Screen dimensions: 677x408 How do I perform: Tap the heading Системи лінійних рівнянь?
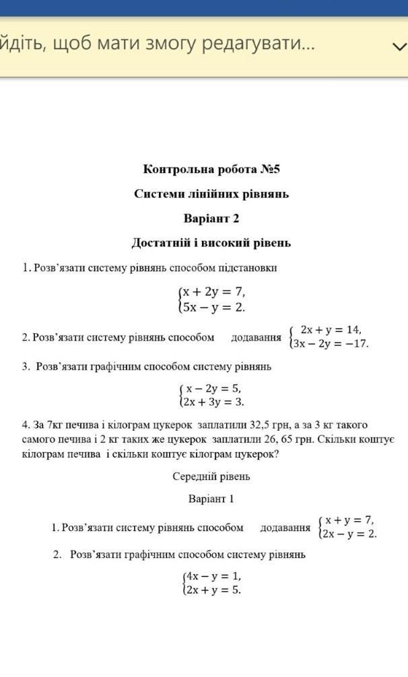tap(211, 194)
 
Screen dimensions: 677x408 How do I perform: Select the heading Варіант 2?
tap(211, 219)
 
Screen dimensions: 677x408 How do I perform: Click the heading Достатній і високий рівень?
tap(211, 243)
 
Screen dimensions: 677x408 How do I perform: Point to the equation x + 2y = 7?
tap(214, 293)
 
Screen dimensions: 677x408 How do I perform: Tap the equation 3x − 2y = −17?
tap(331, 343)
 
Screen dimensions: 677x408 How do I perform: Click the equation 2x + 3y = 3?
tap(214, 402)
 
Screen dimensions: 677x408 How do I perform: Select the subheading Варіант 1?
tap(211, 499)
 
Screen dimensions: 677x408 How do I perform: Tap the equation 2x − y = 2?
tap(349, 534)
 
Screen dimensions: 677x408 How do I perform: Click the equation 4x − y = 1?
tap(213, 577)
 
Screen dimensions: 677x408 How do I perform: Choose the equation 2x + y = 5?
tap(213, 590)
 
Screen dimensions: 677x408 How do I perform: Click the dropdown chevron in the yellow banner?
tap(399, 46)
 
